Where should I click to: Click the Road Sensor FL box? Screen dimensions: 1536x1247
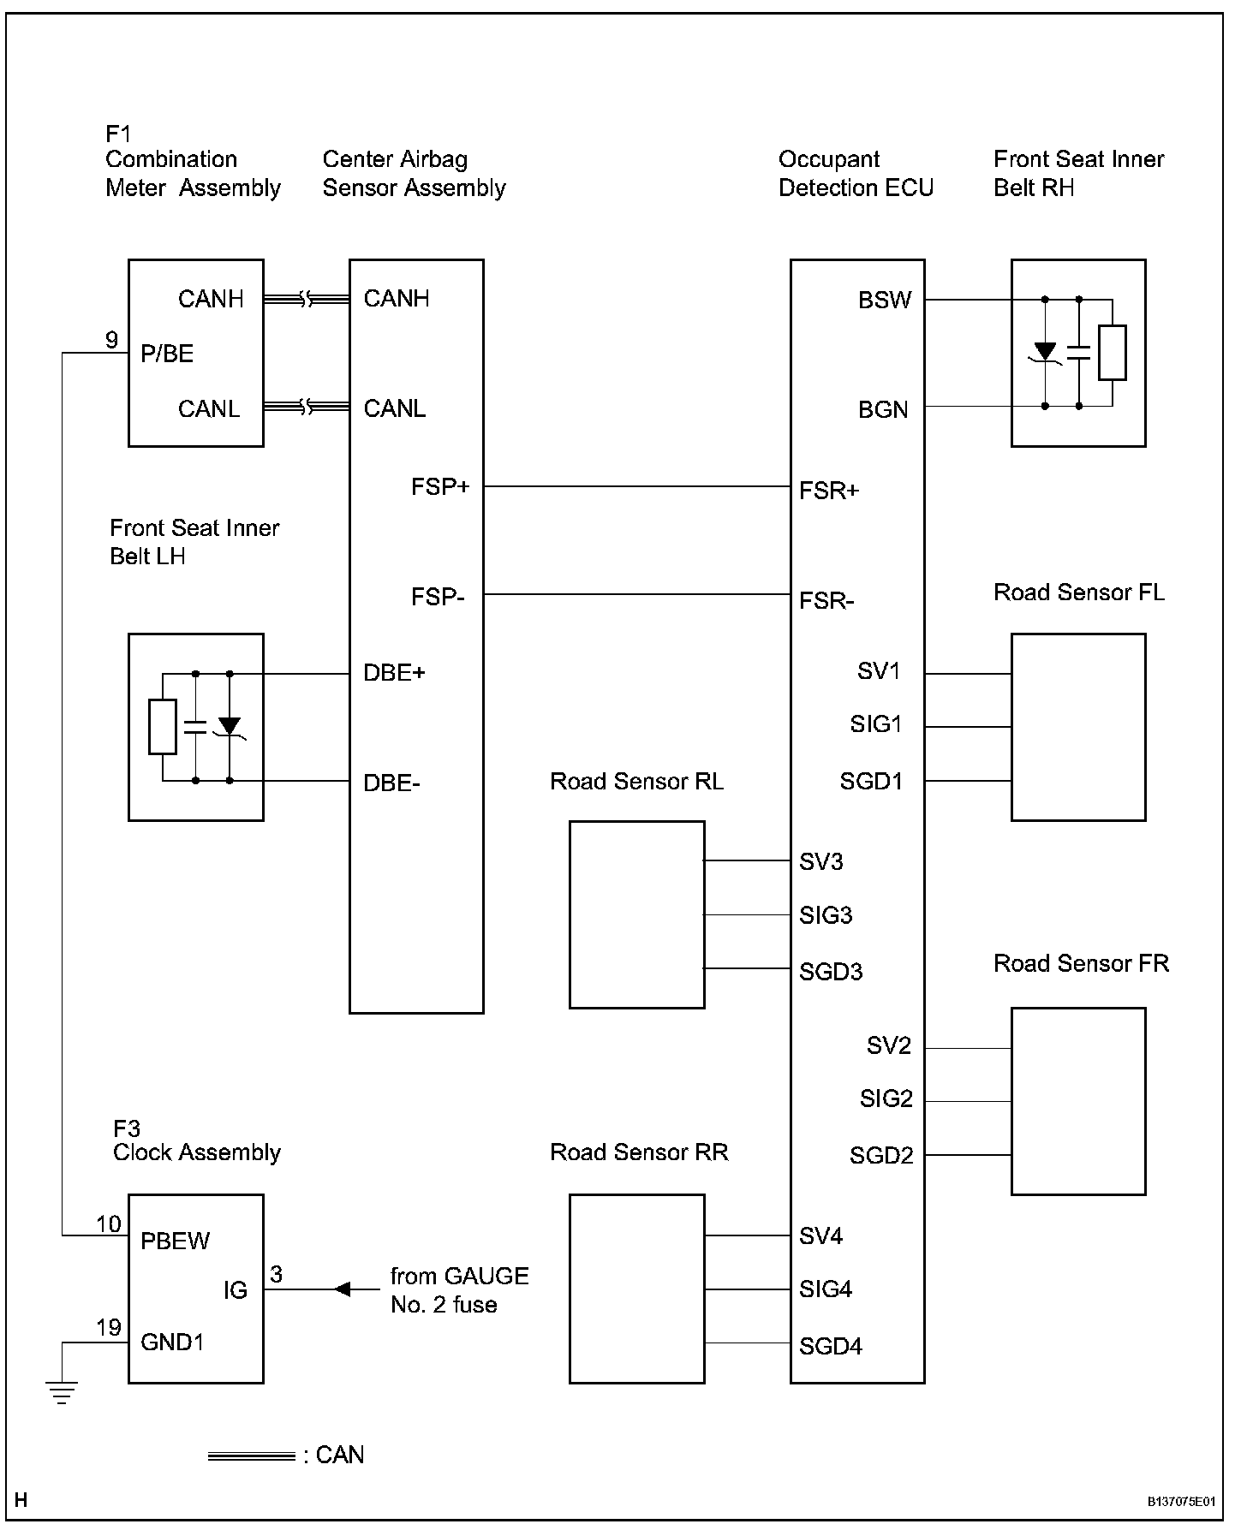coord(1077,727)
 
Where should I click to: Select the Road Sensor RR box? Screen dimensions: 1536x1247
coord(636,1288)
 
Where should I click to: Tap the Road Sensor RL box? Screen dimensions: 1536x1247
coord(636,914)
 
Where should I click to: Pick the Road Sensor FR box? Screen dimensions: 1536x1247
coord(1077,1100)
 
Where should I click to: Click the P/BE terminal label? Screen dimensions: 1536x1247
coord(167,354)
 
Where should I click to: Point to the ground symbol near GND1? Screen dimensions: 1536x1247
coord(62,1394)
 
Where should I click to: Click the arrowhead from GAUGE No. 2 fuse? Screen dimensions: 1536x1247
coord(343,1289)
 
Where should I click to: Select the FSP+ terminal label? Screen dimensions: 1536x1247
coord(440,487)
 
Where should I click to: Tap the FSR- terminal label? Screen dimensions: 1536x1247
coord(826,600)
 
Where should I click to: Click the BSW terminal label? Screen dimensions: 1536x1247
coord(885,301)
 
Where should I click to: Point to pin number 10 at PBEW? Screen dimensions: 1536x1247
coord(108,1224)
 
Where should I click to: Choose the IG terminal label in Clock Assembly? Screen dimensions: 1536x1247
coord(236,1290)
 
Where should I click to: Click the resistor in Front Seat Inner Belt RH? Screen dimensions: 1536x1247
coord(1112,352)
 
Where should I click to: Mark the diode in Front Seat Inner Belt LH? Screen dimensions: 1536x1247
coord(230,726)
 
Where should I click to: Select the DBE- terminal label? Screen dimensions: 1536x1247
coord(391,783)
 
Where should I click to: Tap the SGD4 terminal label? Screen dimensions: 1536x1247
coord(830,1347)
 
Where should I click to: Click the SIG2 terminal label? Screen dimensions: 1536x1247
coord(886,1098)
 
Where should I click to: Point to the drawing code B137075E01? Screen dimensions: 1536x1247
coord(1181,1501)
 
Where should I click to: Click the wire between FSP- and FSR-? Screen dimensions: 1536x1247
coord(636,594)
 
